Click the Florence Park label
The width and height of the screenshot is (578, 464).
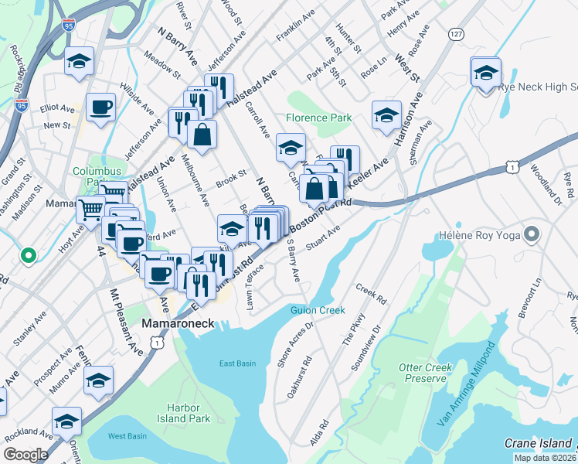(x=318, y=118)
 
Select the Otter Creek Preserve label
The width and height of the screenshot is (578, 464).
(x=422, y=373)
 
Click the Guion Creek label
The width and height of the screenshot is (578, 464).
(x=317, y=310)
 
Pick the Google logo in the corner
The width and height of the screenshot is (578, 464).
(x=25, y=455)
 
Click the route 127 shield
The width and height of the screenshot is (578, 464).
(x=457, y=34)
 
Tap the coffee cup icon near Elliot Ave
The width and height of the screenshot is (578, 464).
(x=100, y=107)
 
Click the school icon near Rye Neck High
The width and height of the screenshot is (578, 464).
(x=485, y=73)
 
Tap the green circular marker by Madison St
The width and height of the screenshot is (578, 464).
(x=28, y=254)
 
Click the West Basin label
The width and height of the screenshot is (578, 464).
(x=127, y=436)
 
